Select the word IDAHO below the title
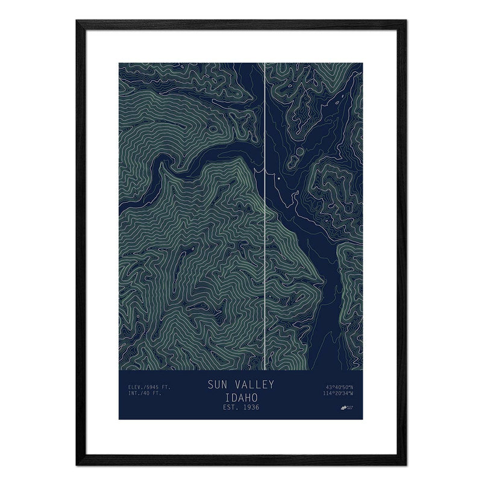240,398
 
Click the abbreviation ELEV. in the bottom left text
136,387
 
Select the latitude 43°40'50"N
339,387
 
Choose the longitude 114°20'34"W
338,395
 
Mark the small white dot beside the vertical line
278,178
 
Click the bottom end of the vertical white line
265,369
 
